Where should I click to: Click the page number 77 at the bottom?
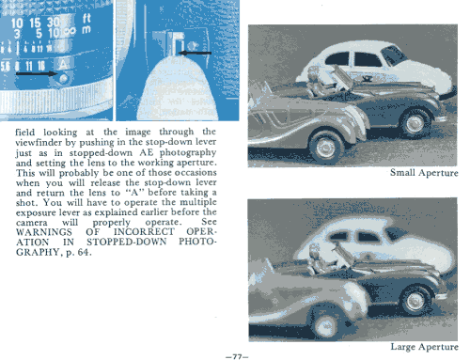237,356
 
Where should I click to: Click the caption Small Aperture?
424,173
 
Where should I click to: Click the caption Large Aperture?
424,347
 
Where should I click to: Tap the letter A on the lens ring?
63,65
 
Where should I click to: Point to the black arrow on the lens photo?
37,74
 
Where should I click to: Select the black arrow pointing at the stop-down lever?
195,53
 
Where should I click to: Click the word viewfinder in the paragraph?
39,143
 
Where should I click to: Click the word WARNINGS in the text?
44,232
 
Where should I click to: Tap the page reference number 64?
83,252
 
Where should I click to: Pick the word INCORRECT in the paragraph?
144,232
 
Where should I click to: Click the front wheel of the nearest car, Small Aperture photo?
326,147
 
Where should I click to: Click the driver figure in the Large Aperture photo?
317,258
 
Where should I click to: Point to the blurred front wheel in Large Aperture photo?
326,324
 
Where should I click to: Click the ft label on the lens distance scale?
86,19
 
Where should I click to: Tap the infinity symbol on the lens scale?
70,32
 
